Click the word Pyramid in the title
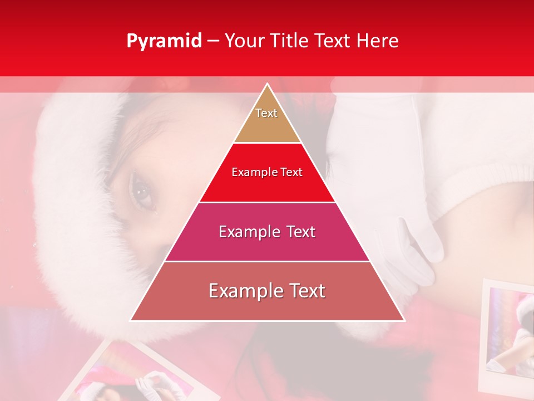(164, 41)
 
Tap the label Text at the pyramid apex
(266, 113)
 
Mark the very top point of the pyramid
(267, 84)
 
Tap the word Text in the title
(333, 41)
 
